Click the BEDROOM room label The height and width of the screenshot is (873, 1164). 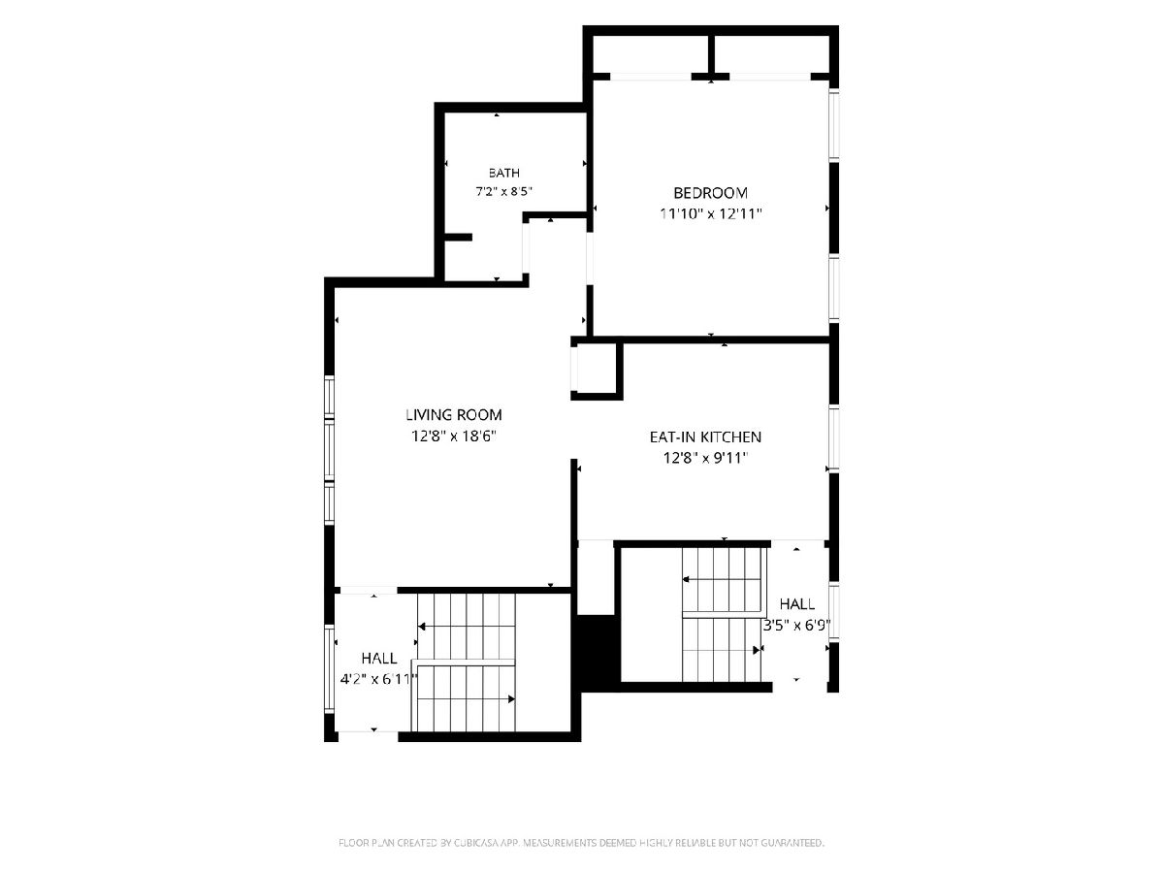point(710,193)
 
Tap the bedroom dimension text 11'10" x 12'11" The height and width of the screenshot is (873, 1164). point(711,213)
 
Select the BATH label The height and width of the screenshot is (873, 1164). point(503,173)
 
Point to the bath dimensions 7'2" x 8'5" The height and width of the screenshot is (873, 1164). point(503,191)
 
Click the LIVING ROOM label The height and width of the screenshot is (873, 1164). point(453,414)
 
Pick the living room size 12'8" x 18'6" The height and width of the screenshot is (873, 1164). point(453,436)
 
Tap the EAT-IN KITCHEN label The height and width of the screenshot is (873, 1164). point(705,436)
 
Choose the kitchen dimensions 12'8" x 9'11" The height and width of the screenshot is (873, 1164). point(705,458)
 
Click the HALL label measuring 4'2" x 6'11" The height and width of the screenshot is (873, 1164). point(379,659)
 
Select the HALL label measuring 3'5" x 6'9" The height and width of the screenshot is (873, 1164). point(797,603)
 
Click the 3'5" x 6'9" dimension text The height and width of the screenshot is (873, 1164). point(796,626)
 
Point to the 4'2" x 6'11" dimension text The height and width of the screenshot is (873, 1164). point(378,679)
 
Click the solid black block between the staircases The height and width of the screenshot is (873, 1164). point(598,651)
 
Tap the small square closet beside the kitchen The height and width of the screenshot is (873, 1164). point(596,369)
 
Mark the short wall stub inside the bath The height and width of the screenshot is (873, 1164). point(458,238)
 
